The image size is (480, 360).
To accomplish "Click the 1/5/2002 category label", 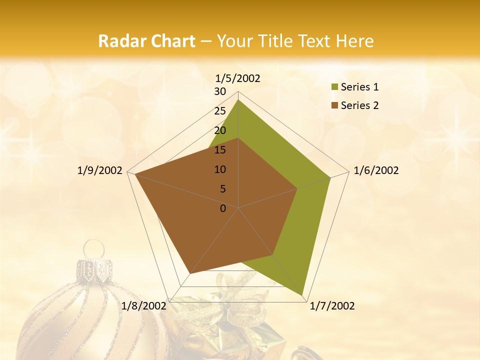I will click(238, 78).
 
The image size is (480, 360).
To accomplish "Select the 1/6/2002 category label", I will click(376, 170).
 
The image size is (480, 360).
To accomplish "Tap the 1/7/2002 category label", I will click(332, 306).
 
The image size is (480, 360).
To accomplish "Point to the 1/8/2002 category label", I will click(144, 306).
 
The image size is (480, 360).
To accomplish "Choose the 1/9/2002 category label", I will click(100, 170).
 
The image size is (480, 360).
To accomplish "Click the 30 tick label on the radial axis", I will click(220, 91).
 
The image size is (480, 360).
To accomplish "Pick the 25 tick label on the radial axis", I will click(220, 111).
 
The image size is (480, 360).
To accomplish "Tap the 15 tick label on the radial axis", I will click(220, 150).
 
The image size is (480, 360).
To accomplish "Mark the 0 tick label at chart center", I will click(223, 208).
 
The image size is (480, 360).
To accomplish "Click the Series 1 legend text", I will click(359, 87).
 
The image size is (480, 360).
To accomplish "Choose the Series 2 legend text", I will click(359, 105).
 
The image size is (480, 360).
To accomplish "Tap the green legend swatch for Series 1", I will click(334, 87).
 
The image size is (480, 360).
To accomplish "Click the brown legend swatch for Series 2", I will click(334, 105).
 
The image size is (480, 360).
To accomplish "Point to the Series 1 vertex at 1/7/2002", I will click(302, 295).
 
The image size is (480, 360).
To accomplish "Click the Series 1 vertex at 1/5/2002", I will click(238, 100).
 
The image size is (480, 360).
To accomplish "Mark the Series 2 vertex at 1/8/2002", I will click(190, 273).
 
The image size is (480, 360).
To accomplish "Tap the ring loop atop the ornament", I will click(93, 248).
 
